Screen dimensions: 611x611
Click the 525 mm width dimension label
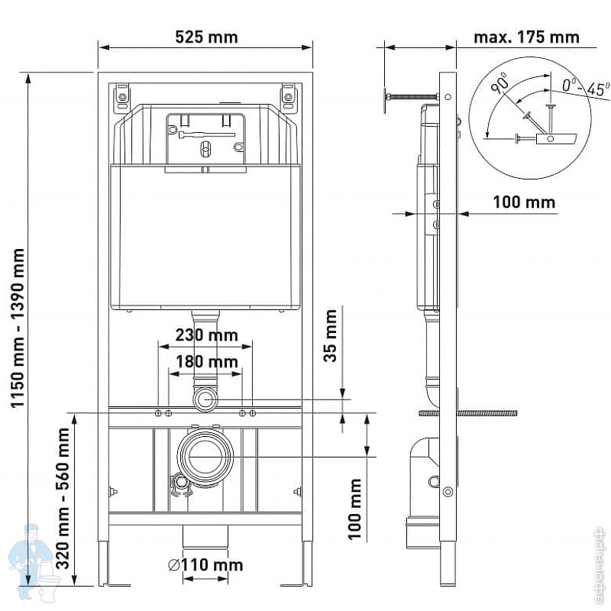206,37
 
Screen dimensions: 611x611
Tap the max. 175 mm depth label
526,37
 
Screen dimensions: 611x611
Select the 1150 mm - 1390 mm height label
18,328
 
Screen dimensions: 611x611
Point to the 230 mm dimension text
206,335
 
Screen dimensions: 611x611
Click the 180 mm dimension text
207,361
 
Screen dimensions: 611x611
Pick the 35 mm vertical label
331,335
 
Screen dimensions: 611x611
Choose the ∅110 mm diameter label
205,564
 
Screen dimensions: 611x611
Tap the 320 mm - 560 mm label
63,499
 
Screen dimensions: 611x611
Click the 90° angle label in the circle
500,84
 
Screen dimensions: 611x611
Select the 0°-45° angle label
585,87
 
